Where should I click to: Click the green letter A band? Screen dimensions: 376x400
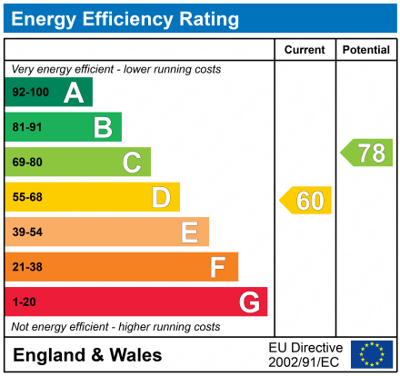tap(49, 92)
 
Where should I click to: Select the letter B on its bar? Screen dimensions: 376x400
tap(103, 127)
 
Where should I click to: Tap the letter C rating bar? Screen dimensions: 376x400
tap(77, 163)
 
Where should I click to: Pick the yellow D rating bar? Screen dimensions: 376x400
tap(92, 197)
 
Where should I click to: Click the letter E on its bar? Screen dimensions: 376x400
tap(189, 233)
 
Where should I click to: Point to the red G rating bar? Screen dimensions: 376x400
tap(136, 302)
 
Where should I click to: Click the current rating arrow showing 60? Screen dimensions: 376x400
tap(306, 200)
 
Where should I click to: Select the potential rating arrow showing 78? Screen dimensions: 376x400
tap(367, 153)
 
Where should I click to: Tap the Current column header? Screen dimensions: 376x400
tap(305, 50)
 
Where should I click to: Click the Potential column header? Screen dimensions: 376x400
tap(365, 50)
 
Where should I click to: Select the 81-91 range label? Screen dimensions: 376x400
tap(27, 127)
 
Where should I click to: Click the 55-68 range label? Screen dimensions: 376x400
tap(27, 197)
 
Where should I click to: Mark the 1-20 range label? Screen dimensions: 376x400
tap(24, 302)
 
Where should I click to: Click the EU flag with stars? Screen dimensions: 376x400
tap(372, 354)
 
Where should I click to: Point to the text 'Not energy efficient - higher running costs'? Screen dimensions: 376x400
tap(115, 326)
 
